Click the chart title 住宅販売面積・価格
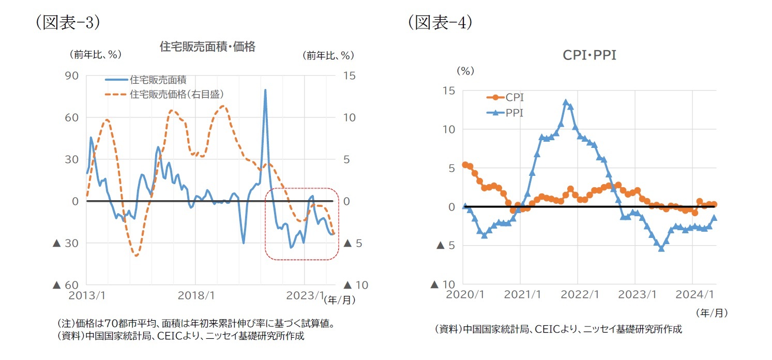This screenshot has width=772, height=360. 207,47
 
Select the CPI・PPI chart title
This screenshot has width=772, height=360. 589,55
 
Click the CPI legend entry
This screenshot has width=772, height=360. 514,97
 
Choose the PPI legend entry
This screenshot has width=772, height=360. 514,112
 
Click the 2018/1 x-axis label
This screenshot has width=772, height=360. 195,296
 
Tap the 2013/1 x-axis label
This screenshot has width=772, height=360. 86,296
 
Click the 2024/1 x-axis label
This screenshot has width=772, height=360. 695,294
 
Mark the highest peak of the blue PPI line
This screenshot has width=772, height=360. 566,102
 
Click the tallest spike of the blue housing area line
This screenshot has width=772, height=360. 265,90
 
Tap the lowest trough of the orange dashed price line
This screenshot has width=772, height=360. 136,255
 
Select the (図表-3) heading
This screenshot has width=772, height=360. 67,23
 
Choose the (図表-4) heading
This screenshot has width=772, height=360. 440,22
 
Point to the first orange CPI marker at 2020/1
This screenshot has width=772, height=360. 465,164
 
